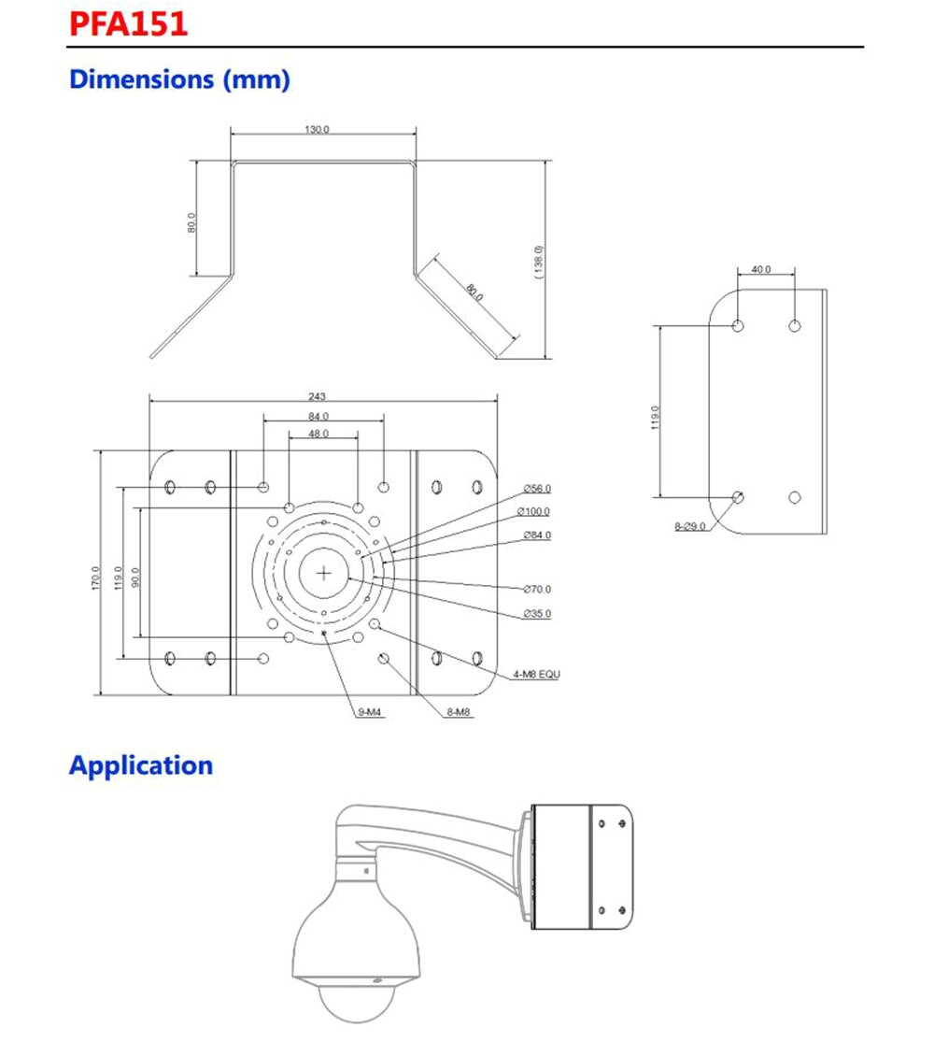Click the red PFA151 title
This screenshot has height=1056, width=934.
[x=128, y=23]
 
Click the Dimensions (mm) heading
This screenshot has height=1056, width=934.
[x=179, y=79]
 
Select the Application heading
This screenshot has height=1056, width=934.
[x=141, y=765]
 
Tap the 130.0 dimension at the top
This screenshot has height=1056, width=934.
[x=316, y=129]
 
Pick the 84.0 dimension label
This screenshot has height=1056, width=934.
[x=318, y=416]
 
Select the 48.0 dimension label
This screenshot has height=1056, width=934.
[x=318, y=434]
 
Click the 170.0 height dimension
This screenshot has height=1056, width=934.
[x=96, y=579]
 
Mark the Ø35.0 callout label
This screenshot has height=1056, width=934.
[x=537, y=613]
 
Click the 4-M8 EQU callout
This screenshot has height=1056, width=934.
[x=536, y=674]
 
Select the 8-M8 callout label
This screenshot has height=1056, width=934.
[x=459, y=712]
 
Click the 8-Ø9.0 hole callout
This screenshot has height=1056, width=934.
[x=690, y=527]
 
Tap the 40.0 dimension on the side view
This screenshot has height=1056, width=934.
[x=761, y=269]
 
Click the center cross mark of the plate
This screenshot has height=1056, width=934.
[x=324, y=573]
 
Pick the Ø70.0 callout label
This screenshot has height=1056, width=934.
[x=537, y=589]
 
